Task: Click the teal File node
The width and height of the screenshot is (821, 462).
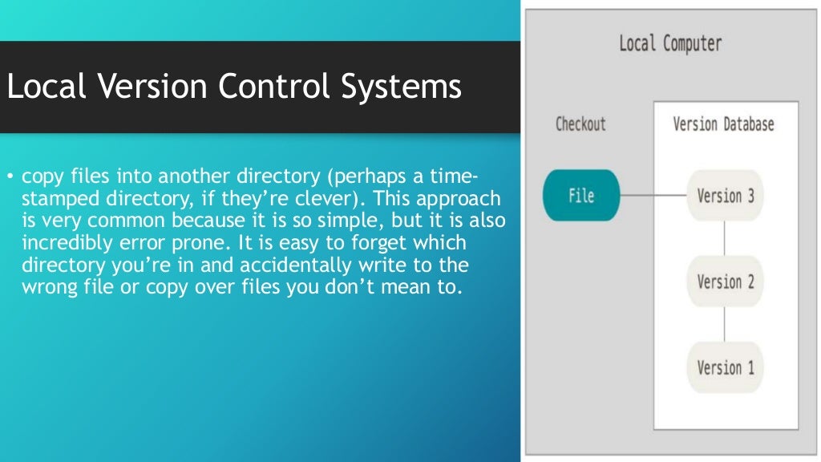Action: (580, 195)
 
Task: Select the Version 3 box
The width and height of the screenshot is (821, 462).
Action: (725, 195)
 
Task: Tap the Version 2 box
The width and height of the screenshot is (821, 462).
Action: (725, 282)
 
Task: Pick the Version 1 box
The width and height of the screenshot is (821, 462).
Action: (725, 367)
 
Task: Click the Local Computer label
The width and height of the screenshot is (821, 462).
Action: (670, 43)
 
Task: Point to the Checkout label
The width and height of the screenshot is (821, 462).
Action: (580, 124)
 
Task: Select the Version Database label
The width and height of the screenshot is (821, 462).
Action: (723, 124)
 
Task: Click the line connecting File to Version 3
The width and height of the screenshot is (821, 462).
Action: (653, 195)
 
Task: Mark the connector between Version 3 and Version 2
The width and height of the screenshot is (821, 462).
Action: (725, 238)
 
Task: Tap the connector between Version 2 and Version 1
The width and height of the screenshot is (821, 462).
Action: (725, 324)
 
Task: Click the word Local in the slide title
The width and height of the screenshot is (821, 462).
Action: (46, 87)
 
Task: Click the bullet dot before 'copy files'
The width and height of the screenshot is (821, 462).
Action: (10, 176)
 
